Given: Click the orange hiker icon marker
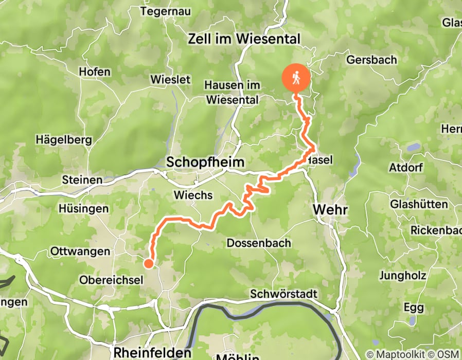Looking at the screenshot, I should tap(296, 78).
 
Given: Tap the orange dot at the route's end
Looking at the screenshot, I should tap(148, 264).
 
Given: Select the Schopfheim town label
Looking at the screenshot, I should tap(205, 163).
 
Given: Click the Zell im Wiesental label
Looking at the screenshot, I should tap(244, 39).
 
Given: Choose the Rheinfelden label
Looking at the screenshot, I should tap(152, 353).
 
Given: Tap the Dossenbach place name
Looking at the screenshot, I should tap(259, 243).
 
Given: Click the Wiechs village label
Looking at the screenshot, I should tap(193, 195).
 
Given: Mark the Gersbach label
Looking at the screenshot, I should tap(371, 60).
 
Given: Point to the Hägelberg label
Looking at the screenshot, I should tap(63, 139).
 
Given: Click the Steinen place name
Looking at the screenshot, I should tap(82, 180).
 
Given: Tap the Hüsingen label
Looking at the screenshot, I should tap(83, 209).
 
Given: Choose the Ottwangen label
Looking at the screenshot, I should tap(80, 251).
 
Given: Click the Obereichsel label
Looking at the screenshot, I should tap(107, 280).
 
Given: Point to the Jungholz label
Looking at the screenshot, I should tap(402, 276).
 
